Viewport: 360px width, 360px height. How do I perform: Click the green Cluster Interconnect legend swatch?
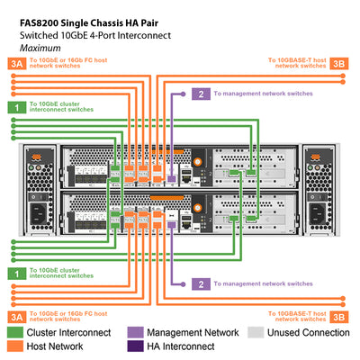point(14,332)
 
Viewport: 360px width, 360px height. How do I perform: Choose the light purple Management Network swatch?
point(137,332)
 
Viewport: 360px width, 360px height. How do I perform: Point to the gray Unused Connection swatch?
point(256,332)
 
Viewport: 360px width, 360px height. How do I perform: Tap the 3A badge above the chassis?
point(14,63)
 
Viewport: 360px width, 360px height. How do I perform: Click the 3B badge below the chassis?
point(338,316)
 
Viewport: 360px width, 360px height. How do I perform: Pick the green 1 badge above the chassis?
point(14,107)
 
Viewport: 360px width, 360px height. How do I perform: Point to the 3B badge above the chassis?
point(338,63)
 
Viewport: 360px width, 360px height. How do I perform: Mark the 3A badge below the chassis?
point(14,316)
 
